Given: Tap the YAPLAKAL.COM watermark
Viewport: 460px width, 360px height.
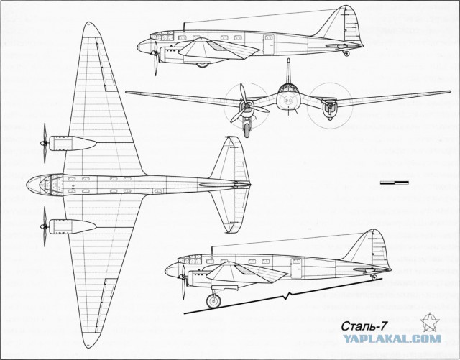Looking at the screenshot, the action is [x=392, y=338].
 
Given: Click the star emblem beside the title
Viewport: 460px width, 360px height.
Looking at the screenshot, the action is [x=430, y=322].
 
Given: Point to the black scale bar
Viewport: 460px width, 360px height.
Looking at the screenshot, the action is [x=395, y=183].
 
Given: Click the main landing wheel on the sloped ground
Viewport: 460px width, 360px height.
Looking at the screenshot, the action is [x=213, y=301].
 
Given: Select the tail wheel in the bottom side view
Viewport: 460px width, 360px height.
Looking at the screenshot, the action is [x=374, y=277].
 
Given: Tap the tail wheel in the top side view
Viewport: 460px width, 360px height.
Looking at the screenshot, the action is [x=346, y=53].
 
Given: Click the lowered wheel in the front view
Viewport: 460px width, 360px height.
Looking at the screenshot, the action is [x=247, y=129].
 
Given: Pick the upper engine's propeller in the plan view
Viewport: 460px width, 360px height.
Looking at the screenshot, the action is [x=45, y=143].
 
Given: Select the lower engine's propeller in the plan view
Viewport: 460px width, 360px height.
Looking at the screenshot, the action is [x=45, y=226].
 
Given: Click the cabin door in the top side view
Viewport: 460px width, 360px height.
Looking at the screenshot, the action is [x=268, y=45].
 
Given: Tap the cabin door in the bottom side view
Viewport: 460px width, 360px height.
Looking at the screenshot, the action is [x=296, y=268].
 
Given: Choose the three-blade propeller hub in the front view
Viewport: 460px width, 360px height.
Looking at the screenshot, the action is [x=247, y=105].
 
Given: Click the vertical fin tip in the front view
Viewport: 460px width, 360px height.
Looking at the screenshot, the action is [x=288, y=60].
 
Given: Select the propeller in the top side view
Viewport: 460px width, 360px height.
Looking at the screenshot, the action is [x=155, y=58].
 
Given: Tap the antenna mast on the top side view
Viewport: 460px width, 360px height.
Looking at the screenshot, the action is [x=184, y=27].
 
